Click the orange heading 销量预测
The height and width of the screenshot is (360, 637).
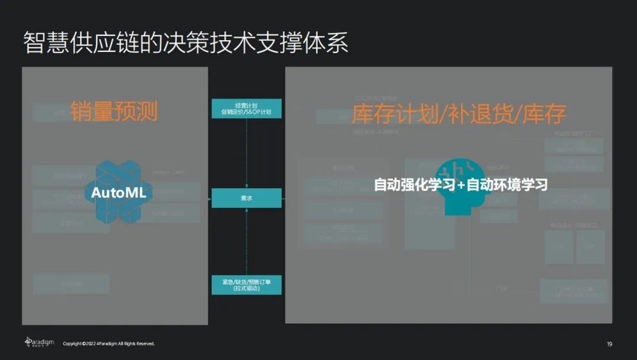pos(114,110)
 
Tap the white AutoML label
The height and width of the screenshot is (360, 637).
pos(118,193)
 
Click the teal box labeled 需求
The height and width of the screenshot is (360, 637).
pos(246,198)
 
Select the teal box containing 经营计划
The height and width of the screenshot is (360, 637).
pos(246,109)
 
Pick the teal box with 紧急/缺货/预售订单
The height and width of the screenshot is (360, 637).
pos(246,284)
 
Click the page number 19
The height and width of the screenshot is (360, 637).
pos(609,344)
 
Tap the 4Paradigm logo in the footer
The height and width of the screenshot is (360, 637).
pos(40,343)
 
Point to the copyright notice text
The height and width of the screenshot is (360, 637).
pos(109,343)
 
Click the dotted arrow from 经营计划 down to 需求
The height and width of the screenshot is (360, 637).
pos(246,153)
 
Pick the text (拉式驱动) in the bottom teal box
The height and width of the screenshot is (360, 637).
pos(246,289)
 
